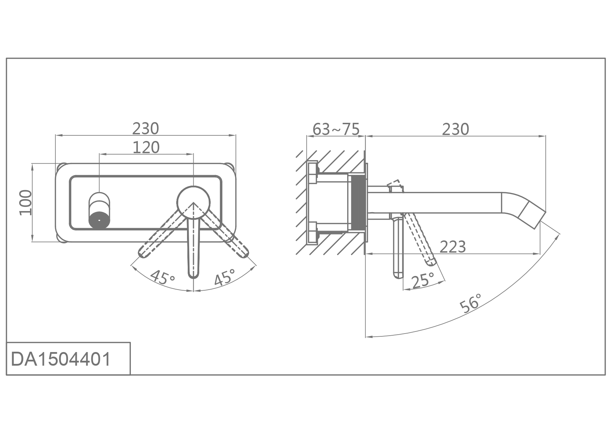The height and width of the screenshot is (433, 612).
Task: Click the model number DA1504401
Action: point(61,359)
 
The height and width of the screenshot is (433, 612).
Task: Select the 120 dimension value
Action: point(146,147)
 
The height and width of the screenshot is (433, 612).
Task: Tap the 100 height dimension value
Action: point(25,203)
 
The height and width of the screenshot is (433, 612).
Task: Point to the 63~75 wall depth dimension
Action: point(336,129)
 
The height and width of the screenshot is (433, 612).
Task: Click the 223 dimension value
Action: point(453,247)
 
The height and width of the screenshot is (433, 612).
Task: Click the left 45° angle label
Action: point(163,277)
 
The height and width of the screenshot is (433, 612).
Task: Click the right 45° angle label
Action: point(224,277)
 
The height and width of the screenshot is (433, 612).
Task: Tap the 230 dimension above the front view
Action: point(145,128)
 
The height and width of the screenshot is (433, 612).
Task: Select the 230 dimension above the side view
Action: point(456,129)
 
